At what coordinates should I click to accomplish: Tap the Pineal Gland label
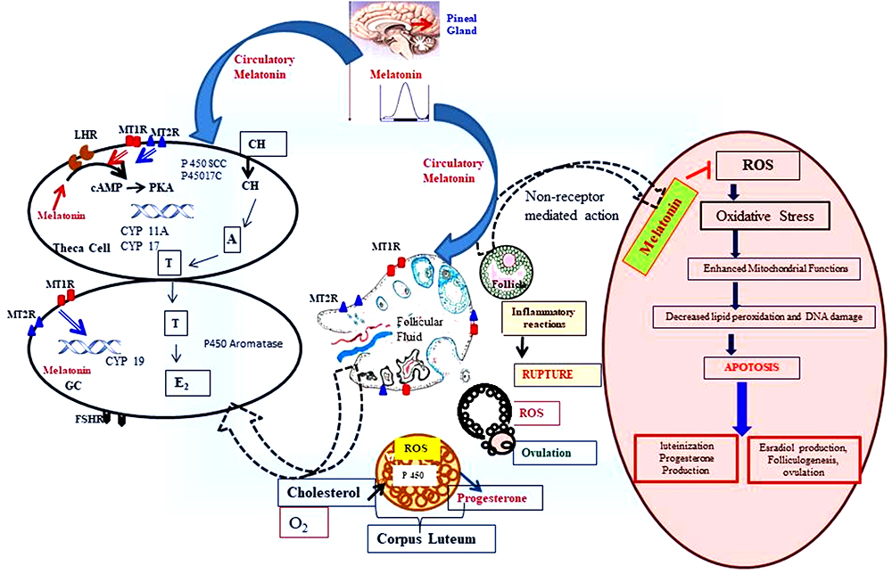[460, 23]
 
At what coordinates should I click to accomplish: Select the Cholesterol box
[323, 492]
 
